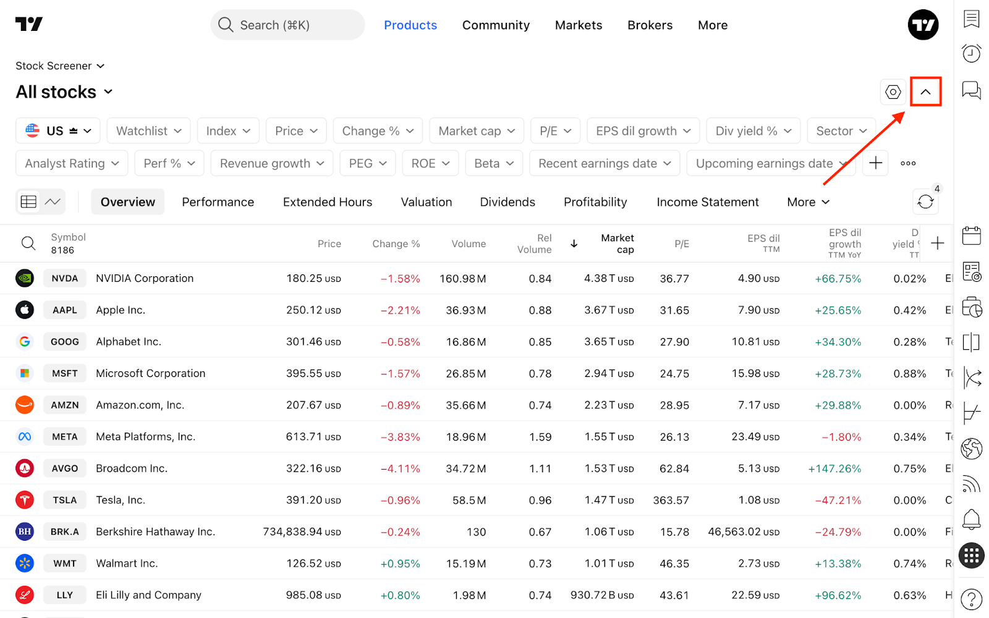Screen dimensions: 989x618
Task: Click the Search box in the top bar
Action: click(287, 25)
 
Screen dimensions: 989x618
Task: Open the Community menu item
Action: click(496, 25)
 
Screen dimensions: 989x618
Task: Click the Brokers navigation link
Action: click(650, 25)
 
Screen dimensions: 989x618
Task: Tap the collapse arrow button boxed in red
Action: click(925, 92)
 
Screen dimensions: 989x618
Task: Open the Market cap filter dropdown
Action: click(477, 130)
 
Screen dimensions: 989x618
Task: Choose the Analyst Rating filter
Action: click(72, 163)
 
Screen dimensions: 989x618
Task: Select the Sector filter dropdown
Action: click(841, 130)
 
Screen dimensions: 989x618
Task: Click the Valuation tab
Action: click(426, 202)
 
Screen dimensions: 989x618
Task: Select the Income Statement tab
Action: click(707, 202)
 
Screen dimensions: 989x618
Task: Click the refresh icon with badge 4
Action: click(925, 201)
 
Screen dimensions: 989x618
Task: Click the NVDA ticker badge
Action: click(64, 279)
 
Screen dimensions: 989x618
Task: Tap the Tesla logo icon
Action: click(25, 500)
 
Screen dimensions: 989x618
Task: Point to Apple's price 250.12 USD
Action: click(313, 310)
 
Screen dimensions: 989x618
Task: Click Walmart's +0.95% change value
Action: click(400, 564)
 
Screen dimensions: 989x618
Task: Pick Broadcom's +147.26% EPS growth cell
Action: click(834, 469)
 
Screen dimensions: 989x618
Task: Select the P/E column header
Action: click(682, 243)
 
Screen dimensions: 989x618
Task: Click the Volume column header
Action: click(469, 243)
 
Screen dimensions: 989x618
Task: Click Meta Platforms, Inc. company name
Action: click(146, 436)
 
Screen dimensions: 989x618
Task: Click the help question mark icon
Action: click(971, 599)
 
